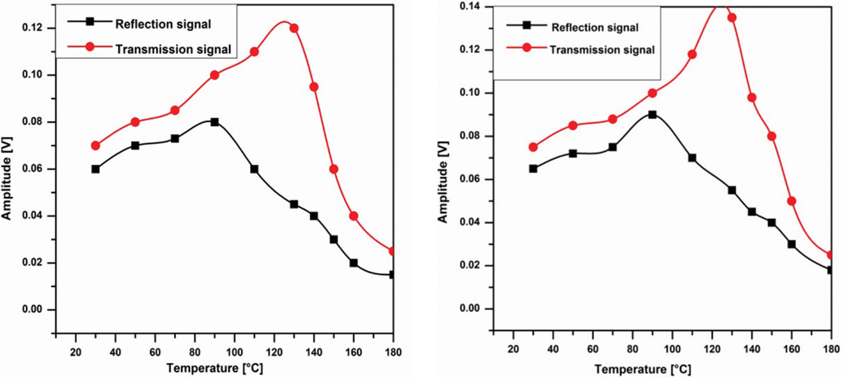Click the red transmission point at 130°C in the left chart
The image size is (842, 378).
point(294,28)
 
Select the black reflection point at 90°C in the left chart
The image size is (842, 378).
point(215,122)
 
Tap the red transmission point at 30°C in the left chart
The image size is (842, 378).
point(96,145)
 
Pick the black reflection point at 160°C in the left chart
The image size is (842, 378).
point(353,263)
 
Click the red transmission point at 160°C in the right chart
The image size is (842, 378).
point(791,201)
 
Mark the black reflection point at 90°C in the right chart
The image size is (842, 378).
point(652,115)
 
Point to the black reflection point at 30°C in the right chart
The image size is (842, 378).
point(533,168)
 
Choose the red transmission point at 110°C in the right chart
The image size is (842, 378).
point(692,55)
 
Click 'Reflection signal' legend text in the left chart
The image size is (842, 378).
point(163,24)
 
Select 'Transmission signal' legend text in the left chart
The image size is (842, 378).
point(173,49)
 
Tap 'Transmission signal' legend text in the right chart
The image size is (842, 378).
point(602,50)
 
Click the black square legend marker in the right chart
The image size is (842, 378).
point(527,25)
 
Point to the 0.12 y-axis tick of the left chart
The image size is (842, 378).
point(32,28)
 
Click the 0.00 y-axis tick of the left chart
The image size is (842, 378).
point(32,310)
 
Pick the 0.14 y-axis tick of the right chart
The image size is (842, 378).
point(470,7)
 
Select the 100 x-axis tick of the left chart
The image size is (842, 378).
point(234,352)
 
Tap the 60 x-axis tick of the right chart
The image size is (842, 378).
point(592,349)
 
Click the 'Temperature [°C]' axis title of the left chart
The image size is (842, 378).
point(215,368)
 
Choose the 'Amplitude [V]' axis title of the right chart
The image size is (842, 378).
point(443,182)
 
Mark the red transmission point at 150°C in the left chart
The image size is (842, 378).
point(334,169)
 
